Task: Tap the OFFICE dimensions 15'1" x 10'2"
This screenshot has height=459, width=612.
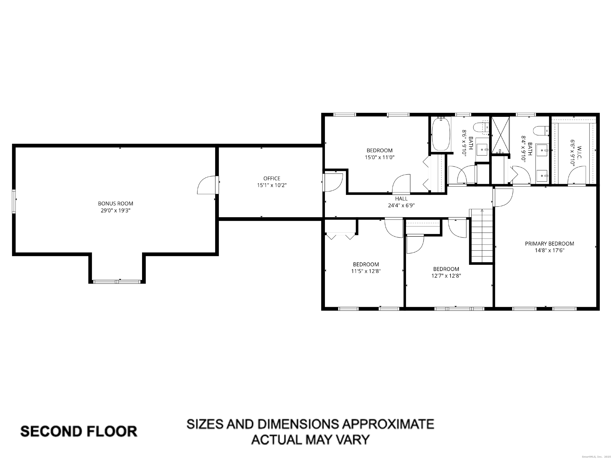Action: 272,185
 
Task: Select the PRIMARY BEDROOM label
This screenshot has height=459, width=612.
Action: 549,243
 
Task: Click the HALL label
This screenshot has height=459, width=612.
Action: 401,198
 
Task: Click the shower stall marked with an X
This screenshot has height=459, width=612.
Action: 500,135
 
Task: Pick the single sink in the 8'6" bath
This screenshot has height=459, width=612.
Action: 483,149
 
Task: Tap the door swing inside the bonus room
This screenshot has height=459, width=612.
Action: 206,185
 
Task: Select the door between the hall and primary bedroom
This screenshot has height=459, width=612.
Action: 503,198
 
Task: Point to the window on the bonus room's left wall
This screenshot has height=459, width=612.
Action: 14,201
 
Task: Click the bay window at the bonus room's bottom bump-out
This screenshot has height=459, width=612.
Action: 117,282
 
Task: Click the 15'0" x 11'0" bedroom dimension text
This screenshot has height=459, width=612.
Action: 380,157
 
